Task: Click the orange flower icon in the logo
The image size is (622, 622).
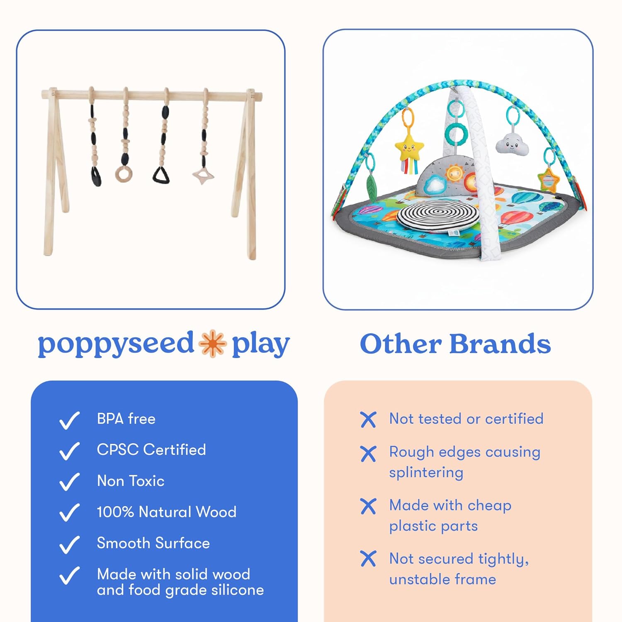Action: point(212,343)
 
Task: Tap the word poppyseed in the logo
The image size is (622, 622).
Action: point(116,344)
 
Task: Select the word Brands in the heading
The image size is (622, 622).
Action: point(500,344)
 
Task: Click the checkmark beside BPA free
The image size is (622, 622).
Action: point(69,420)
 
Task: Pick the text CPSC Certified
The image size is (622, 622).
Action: point(151,450)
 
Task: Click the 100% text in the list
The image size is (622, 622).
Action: point(115,512)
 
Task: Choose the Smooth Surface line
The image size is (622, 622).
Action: point(153,543)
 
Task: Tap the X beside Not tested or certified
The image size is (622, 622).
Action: point(368,420)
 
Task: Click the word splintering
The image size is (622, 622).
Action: point(426,473)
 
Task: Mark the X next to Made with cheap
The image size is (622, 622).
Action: point(368,506)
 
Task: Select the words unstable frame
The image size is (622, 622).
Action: point(442,579)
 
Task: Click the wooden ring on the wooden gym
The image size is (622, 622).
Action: point(123,174)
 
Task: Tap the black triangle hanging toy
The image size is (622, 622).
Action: point(161,175)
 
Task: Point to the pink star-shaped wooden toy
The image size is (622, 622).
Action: point(203,176)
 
